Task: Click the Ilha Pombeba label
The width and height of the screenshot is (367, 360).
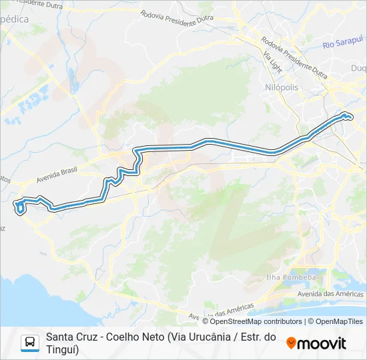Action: [300, 277]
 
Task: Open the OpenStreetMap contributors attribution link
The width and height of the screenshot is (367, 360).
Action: [252, 321]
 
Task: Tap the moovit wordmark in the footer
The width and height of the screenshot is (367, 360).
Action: [322, 343]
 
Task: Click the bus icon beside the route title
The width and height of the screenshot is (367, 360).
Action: [30, 343]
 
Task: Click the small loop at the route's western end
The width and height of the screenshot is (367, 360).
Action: [21, 208]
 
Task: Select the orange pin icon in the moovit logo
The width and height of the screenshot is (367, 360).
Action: [291, 343]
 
